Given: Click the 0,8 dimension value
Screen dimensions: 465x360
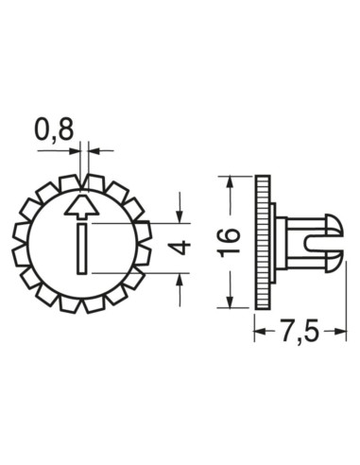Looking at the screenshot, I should click(54, 129).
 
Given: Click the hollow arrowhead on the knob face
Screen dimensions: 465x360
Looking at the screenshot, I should click(83, 208).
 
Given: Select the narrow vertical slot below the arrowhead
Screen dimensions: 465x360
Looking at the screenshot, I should click(84, 248).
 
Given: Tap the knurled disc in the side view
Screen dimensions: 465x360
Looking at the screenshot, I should click(258, 240).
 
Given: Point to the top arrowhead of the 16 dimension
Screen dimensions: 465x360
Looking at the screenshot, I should click(230, 182).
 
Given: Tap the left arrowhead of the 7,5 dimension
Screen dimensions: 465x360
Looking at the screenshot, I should click(260, 332).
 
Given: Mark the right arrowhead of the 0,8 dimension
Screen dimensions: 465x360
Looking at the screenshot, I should click(94, 149).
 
